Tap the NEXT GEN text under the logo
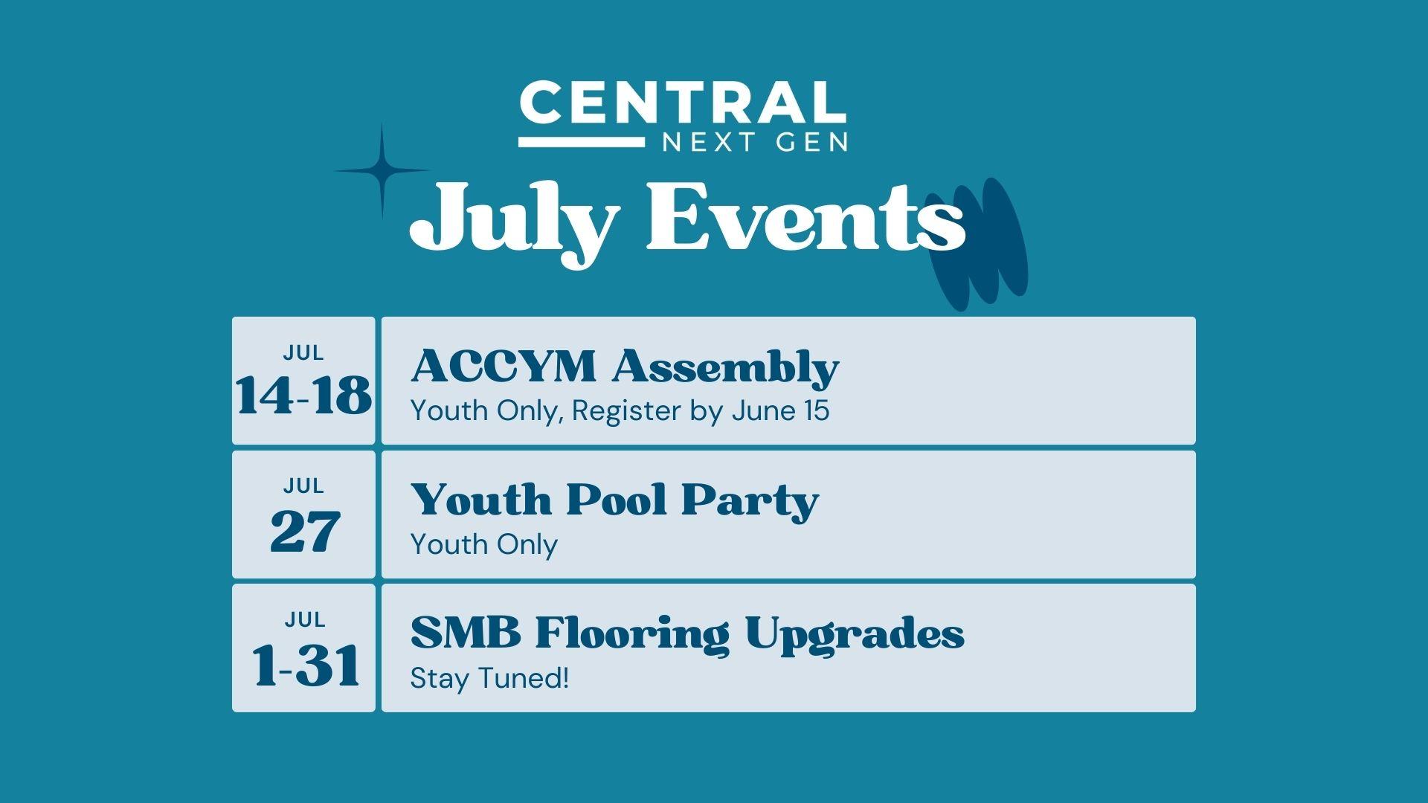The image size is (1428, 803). click(754, 141)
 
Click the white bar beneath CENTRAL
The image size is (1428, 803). click(582, 141)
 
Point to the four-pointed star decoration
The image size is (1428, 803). click(382, 171)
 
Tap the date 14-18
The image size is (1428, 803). click(304, 395)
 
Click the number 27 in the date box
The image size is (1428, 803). click(305, 531)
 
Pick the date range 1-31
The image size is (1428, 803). click(306, 665)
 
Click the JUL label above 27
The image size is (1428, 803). click(303, 486)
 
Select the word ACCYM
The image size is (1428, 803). click(504, 367)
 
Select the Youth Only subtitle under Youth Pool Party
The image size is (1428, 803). click(484, 545)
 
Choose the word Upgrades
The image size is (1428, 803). click(855, 636)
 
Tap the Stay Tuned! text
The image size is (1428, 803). click(489, 678)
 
